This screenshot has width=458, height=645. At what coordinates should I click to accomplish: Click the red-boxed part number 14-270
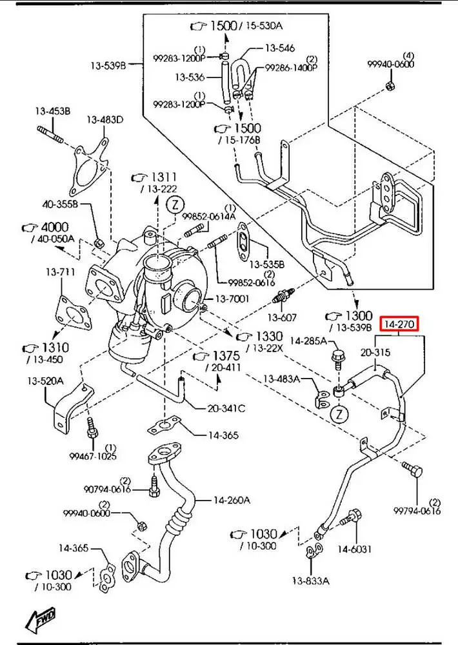[400, 323]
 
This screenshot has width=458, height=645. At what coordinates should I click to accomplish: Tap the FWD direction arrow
[40, 620]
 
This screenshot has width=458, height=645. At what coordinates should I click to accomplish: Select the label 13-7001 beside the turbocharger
[232, 299]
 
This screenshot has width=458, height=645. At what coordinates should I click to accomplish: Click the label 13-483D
[105, 120]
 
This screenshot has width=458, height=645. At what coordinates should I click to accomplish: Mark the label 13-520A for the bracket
[45, 381]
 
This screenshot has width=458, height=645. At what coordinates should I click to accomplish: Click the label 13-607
[282, 317]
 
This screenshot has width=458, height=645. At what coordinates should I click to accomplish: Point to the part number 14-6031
[355, 549]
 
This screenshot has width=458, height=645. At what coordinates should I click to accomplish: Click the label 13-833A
[310, 580]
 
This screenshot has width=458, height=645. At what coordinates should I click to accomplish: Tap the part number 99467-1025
[92, 456]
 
